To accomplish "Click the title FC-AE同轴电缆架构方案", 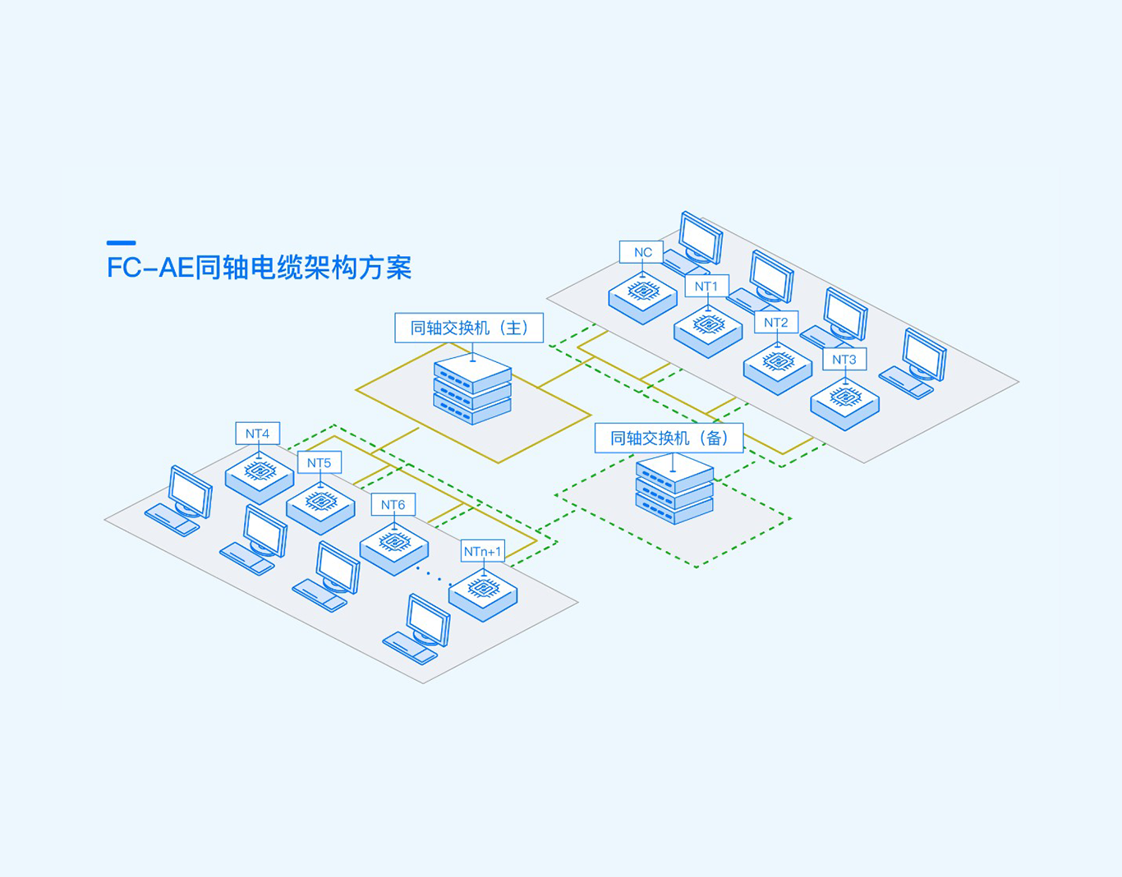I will (259, 268).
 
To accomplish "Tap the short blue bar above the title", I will (121, 242).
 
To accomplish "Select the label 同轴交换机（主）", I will (469, 328).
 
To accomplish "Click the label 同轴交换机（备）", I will (669, 438).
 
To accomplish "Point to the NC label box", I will (641, 252).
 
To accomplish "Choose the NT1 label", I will (706, 287).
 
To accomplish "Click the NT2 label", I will (775, 323).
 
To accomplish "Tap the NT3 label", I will (844, 360).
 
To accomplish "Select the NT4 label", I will (257, 434).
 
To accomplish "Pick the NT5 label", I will (319, 463).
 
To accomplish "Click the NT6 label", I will (393, 505).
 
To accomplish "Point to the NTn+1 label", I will (482, 552).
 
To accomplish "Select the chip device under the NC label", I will (642, 298).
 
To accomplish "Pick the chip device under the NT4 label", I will (260, 476).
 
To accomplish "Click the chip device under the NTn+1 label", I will (483, 595).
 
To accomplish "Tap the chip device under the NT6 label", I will (394, 548).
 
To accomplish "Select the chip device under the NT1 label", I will (708, 331).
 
